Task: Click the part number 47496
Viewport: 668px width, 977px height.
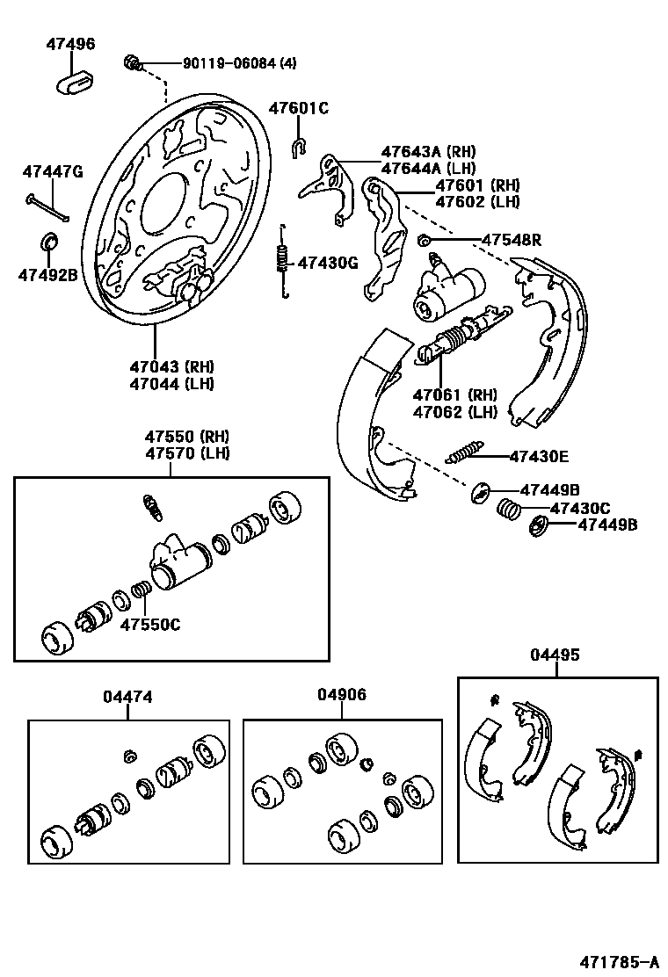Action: pos(71,44)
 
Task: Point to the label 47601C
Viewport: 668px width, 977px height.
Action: pos(298,109)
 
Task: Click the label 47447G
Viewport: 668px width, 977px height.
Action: pos(53,171)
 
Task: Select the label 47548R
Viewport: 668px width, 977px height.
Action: pos(511,240)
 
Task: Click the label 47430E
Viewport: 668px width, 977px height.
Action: pos(538,456)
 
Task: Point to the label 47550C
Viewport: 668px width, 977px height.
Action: pos(150,624)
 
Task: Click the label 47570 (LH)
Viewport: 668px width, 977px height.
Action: pos(187,453)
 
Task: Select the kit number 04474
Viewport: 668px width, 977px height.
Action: pos(127,697)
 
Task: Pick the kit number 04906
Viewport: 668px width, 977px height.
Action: pos(342,695)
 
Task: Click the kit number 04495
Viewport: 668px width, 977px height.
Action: pos(555,655)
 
